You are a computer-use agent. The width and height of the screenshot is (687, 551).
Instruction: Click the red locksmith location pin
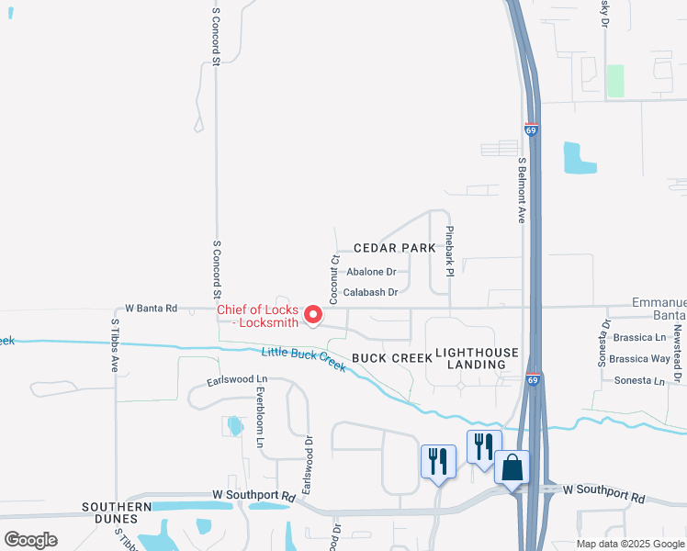tap(313, 316)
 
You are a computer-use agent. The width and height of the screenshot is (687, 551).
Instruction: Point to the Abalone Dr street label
tap(371, 272)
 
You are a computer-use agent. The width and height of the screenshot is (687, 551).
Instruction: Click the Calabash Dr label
tap(370, 292)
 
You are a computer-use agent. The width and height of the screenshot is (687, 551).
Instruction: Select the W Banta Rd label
tap(151, 309)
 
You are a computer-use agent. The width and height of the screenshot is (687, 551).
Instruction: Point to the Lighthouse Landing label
tap(477, 358)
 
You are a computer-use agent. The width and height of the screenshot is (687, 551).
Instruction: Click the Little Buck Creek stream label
tap(304, 360)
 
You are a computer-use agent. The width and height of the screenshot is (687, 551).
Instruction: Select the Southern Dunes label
tap(117, 507)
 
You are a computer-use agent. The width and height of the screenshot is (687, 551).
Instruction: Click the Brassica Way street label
tap(640, 359)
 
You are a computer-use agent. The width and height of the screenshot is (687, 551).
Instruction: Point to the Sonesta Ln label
tap(640, 379)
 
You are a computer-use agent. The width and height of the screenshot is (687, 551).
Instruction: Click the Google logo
tap(31, 540)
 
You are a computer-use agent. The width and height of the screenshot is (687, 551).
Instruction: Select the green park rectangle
tap(615, 81)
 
